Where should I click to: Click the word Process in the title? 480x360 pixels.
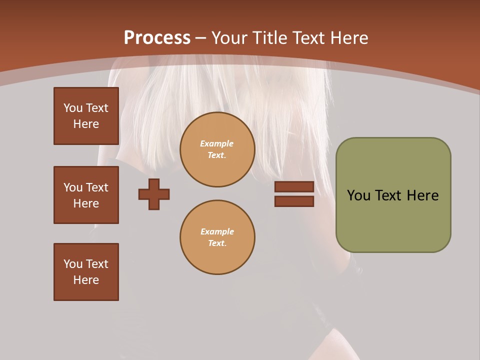point(157,38)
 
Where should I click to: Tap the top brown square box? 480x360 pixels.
point(86,116)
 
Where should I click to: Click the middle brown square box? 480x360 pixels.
point(86,195)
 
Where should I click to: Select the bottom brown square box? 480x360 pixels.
point(86,271)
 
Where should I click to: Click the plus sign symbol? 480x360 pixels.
point(154,194)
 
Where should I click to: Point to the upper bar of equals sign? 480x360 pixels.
point(294,186)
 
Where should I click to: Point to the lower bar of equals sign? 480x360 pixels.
point(294,201)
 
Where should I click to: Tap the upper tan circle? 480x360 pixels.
point(217,149)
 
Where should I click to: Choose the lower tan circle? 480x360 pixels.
point(217,237)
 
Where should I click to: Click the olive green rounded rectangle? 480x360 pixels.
point(393,195)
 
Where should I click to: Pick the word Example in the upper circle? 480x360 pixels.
point(216,143)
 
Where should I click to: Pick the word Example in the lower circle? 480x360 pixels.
point(217,231)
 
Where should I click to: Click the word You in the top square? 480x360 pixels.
point(72,108)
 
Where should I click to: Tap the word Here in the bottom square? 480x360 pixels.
point(86,280)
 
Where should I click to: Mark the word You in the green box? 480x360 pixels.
point(358,195)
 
